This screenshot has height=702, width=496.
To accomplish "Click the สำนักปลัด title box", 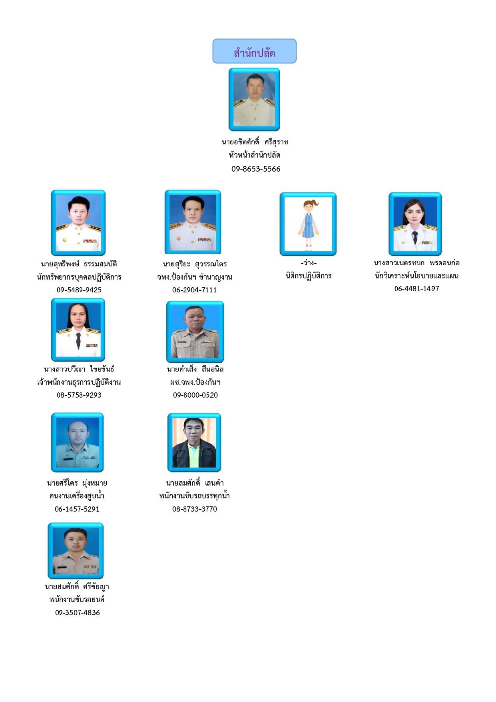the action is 254,51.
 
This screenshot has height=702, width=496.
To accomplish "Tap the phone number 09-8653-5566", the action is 256,169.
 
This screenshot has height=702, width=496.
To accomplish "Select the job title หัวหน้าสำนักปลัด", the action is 255,155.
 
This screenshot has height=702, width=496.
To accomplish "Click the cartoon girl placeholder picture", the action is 308,224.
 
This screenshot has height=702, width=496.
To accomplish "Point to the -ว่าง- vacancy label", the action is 309,263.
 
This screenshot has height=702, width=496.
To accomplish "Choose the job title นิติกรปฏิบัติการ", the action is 309,276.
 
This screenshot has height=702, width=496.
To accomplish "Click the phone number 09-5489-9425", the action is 79,290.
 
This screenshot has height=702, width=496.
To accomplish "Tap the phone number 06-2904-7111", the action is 195,290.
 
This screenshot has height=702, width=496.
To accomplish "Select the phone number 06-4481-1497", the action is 417,289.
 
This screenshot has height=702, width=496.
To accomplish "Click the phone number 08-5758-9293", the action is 79,395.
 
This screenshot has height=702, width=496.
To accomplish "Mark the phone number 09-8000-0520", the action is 195,395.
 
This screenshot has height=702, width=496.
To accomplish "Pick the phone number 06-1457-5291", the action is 77,509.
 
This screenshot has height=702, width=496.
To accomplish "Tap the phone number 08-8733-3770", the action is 195,509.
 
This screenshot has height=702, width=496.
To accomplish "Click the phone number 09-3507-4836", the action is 78,613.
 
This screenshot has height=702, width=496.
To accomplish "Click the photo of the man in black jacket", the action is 194,442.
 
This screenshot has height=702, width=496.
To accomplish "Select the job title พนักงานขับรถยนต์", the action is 77,600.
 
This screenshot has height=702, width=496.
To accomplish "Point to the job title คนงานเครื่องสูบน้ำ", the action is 77,496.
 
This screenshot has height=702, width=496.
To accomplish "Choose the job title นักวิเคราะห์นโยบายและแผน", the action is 417,276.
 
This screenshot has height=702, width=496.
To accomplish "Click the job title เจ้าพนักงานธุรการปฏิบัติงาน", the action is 79,382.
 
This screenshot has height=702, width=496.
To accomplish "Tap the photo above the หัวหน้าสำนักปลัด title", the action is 254,100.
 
